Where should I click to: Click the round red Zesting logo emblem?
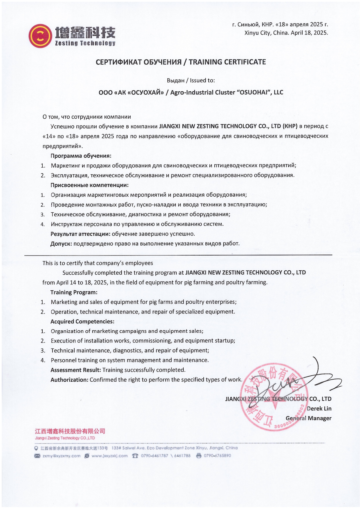[x=40, y=36]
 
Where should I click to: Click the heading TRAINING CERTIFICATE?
[x=227, y=62]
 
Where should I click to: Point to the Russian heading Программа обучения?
[x=81, y=156]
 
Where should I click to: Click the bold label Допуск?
[x=61, y=244]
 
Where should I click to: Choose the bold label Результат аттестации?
[x=80, y=234]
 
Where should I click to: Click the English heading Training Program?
[x=74, y=292]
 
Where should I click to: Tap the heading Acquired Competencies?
[x=82, y=322]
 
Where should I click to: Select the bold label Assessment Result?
[x=75, y=370]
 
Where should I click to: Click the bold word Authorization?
[x=69, y=380]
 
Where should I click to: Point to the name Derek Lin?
[x=319, y=409]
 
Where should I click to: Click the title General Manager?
[x=308, y=418]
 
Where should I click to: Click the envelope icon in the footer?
[x=37, y=456]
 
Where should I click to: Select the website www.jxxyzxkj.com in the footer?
[x=109, y=456]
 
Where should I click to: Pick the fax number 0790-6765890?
[x=217, y=456]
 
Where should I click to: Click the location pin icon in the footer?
[x=36, y=448]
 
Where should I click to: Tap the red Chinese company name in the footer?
[x=70, y=431]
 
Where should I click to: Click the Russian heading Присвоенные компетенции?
[x=89, y=185]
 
